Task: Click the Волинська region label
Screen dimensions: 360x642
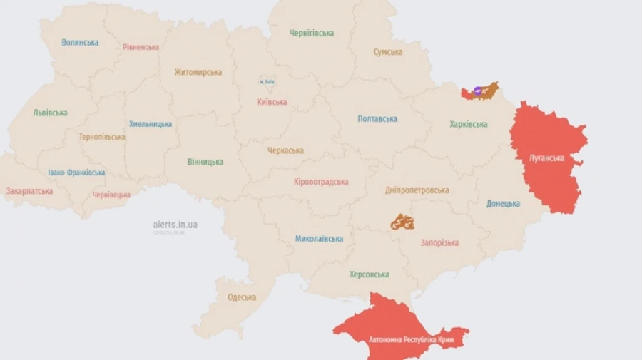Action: (80, 43)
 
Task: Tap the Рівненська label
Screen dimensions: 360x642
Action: (141, 47)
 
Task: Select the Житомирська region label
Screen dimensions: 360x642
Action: (198, 72)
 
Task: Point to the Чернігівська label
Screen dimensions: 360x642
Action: (312, 34)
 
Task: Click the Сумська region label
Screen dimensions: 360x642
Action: (388, 52)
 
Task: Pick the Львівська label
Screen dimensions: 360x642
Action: (50, 113)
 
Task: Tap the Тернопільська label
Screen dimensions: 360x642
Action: (102, 137)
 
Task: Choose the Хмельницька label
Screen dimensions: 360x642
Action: (151, 124)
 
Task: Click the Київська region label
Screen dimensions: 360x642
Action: (272, 102)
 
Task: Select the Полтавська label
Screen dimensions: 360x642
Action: (377, 119)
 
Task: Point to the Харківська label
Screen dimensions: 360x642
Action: (469, 124)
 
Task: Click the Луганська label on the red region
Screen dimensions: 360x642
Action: (548, 158)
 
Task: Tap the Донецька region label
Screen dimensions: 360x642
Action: (503, 204)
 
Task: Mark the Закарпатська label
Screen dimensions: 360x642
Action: (29, 191)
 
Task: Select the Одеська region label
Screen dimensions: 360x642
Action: (242, 297)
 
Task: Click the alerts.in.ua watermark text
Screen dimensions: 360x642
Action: (175, 225)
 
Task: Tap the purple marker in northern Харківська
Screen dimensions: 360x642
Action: (477, 91)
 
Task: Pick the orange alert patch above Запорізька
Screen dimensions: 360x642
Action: (402, 222)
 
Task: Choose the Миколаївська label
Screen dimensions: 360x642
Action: (319, 239)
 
